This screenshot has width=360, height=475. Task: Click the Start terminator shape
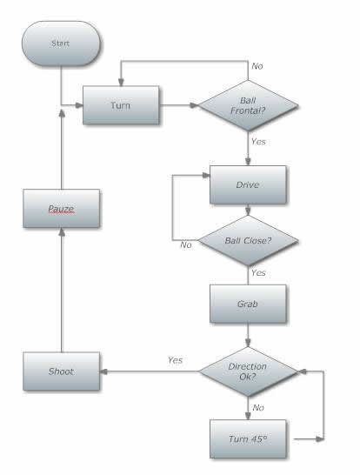click(x=61, y=43)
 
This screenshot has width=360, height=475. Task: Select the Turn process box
click(x=121, y=105)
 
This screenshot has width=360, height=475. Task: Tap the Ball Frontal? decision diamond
click(x=248, y=105)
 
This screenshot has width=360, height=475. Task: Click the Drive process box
click(x=248, y=184)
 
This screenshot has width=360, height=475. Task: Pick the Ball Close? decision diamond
click(x=248, y=241)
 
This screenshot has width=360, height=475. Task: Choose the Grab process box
click(x=248, y=304)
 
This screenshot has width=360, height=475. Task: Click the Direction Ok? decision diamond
click(x=248, y=371)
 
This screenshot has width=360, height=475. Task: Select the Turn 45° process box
click(x=248, y=439)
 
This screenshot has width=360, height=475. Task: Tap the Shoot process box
click(x=61, y=371)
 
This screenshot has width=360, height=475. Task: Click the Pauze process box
click(x=61, y=209)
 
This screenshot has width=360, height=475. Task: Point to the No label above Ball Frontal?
click(x=257, y=66)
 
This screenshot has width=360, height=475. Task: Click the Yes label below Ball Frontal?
click(x=258, y=142)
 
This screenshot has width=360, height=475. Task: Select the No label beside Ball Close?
click(x=186, y=244)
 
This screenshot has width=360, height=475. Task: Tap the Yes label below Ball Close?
click(x=258, y=272)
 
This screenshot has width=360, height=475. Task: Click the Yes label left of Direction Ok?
click(x=176, y=360)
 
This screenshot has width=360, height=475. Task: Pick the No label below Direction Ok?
click(x=258, y=408)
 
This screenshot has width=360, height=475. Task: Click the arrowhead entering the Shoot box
click(x=103, y=371)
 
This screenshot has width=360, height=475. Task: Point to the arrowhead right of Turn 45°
click(x=320, y=439)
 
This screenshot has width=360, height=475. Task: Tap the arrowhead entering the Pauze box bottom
click(x=62, y=232)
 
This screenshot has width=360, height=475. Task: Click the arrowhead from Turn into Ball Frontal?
click(x=194, y=105)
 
